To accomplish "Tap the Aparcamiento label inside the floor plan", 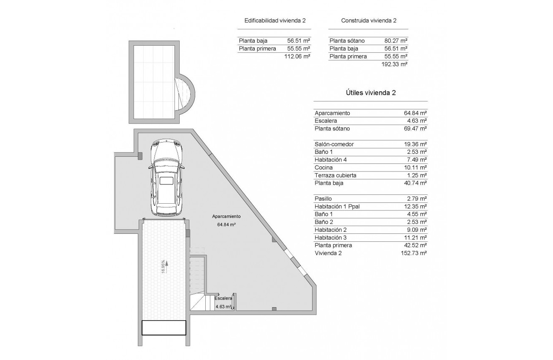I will tap(226, 217).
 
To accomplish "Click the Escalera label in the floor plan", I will tap(223, 298).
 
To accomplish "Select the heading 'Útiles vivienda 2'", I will tap(370, 93).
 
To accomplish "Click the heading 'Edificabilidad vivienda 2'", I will tap(277, 21).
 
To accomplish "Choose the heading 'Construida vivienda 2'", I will tap(369, 21).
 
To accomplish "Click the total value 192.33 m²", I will tap(394, 64).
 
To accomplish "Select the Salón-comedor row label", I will tap(334, 144).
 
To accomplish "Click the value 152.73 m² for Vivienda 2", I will tap(413, 253).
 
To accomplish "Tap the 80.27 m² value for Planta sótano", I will tap(396, 41).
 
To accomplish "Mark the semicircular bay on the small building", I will tap(186, 96).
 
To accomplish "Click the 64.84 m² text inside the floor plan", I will tap(226, 225).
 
